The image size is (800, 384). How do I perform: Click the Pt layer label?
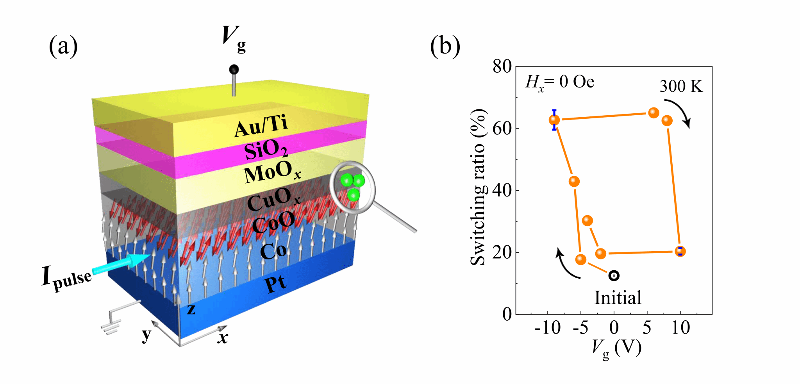click(x=275, y=284)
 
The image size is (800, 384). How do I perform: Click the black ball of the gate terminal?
click(x=234, y=70)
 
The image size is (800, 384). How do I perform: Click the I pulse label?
click(x=67, y=277)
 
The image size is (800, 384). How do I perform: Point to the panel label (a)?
click(x=63, y=46)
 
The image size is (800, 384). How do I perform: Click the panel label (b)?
click(x=445, y=46)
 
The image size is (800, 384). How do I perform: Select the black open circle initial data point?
click(x=614, y=276)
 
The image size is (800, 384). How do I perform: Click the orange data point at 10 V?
click(x=680, y=251)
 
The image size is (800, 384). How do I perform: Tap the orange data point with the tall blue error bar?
click(x=554, y=120)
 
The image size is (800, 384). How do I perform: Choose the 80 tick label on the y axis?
click(x=502, y=67)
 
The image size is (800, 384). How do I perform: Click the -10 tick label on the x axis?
click(x=548, y=327)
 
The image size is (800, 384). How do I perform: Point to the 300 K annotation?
click(x=681, y=86)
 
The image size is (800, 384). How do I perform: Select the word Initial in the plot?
click(x=618, y=298)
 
